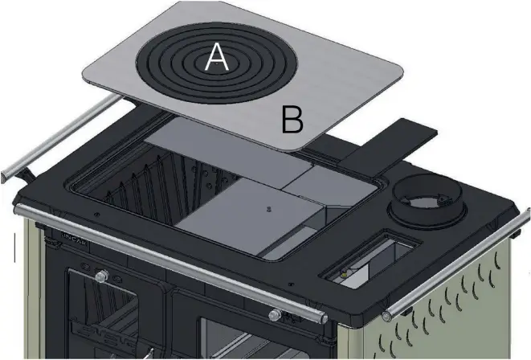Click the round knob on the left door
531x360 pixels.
pos(101,276)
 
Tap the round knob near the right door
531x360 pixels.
pos(275,313)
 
